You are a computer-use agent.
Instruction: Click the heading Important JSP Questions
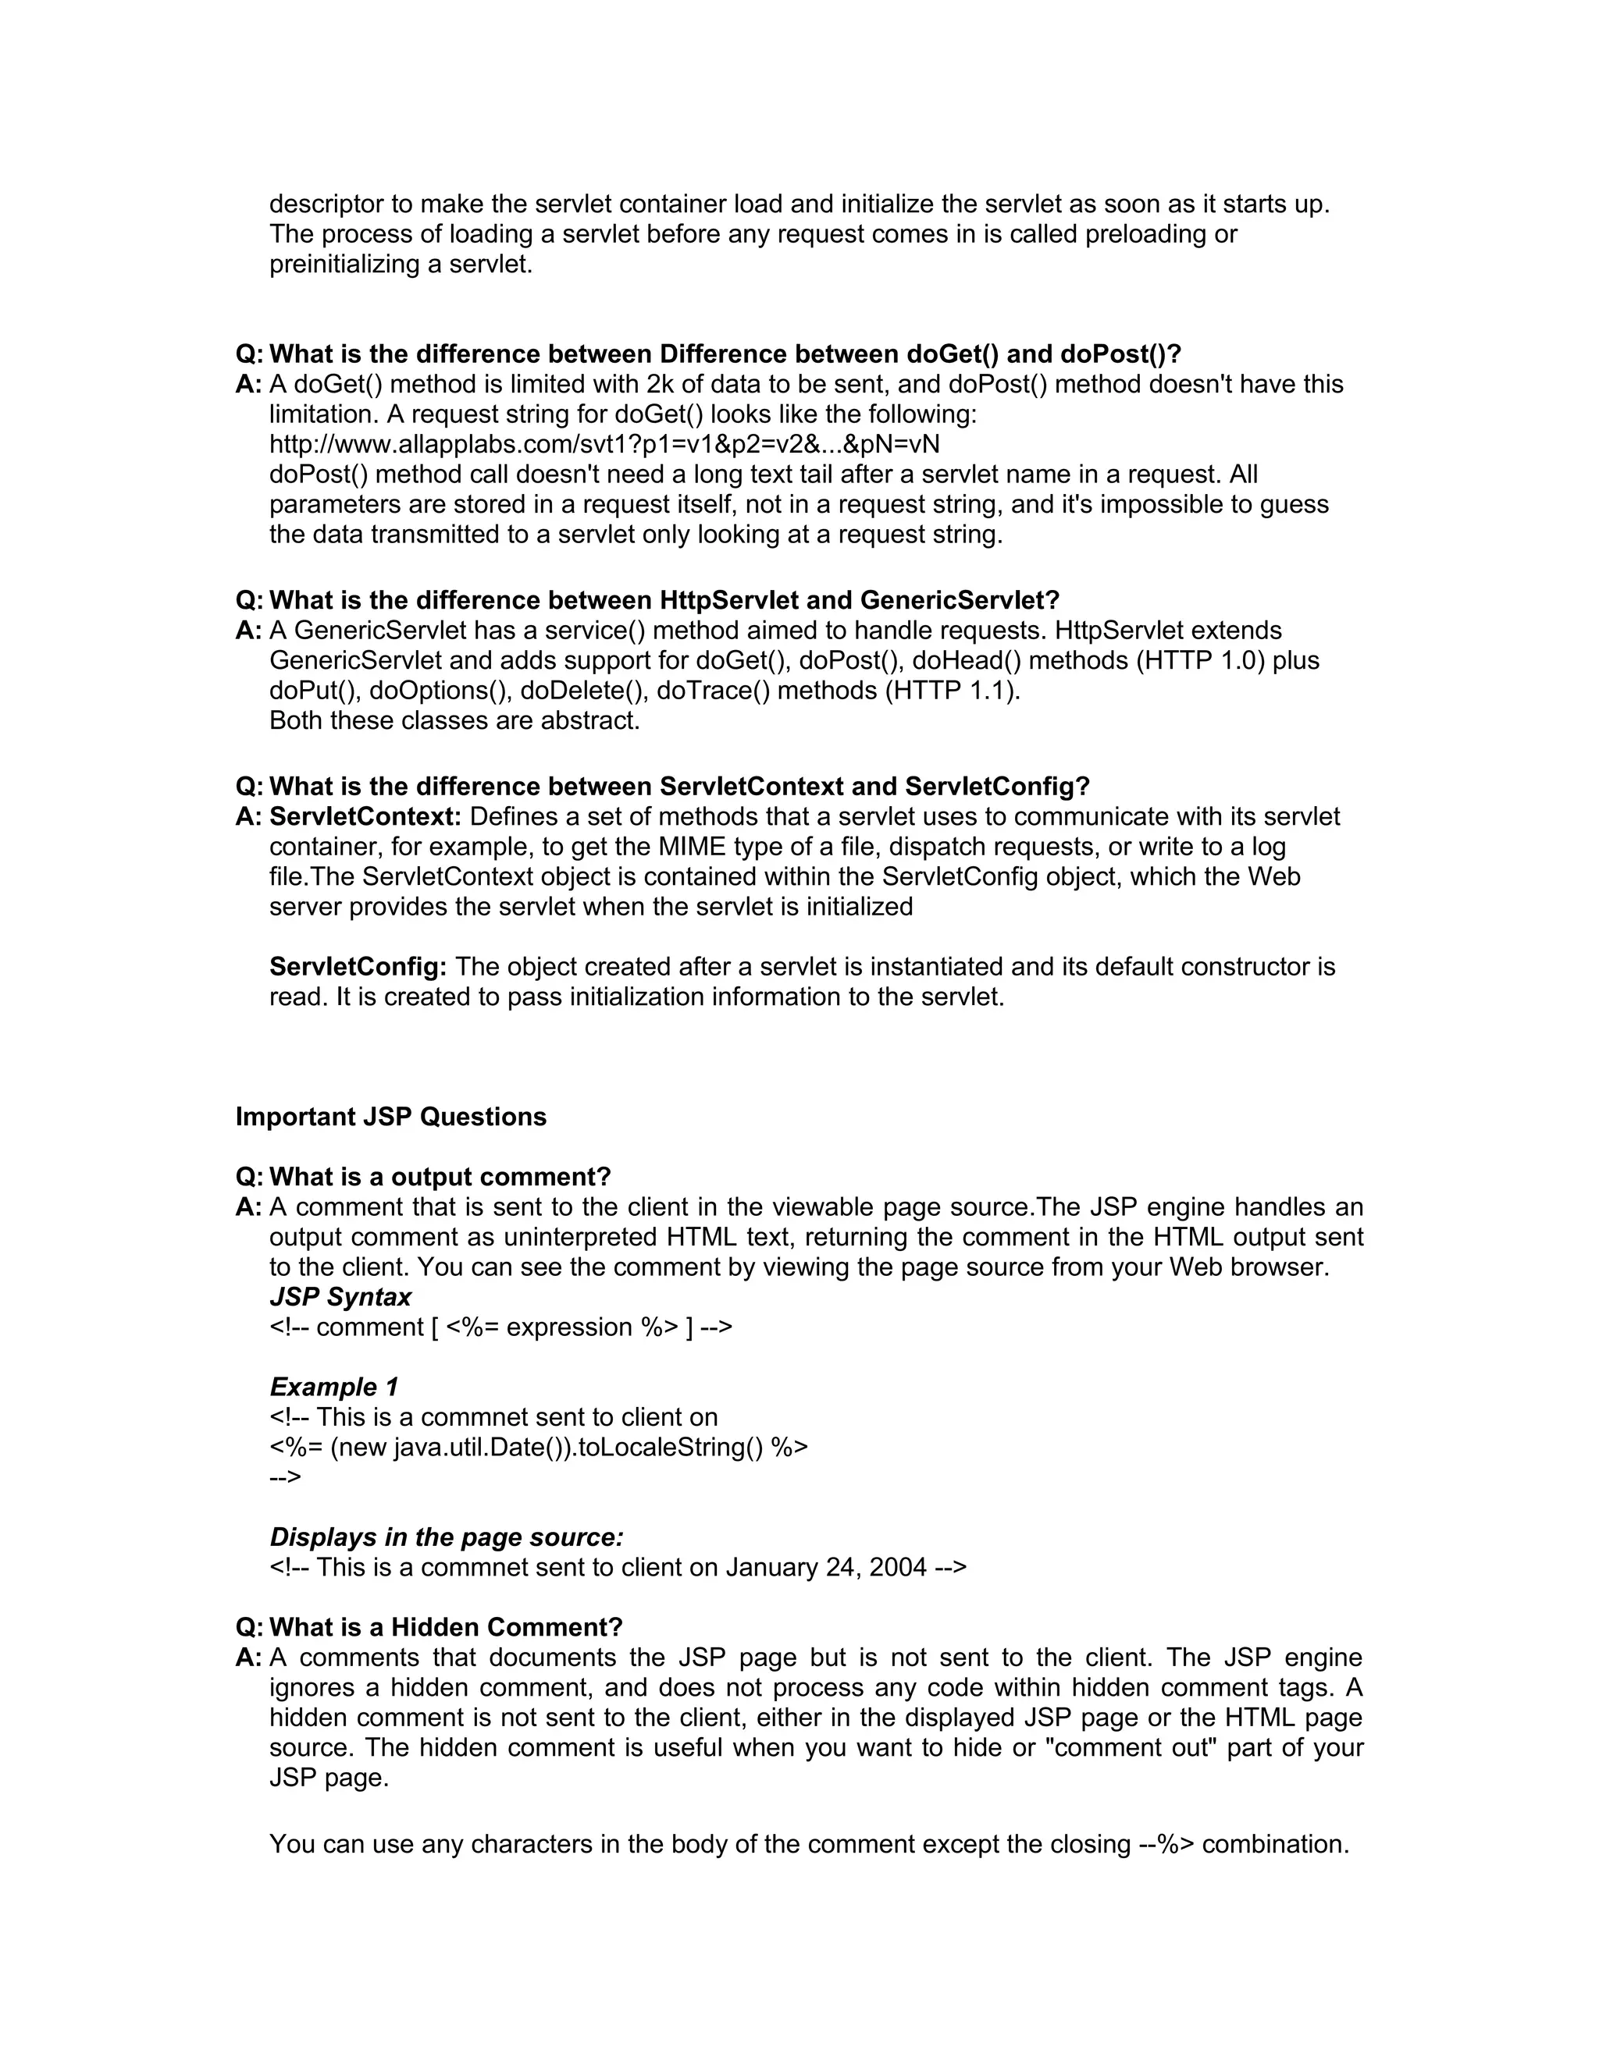point(390,1117)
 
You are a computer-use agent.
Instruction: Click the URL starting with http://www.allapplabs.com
point(604,444)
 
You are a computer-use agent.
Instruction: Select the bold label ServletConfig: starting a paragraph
point(357,967)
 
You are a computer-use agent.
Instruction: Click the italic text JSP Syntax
point(340,1297)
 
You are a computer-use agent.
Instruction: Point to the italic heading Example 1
point(333,1388)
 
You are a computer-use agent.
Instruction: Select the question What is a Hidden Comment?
point(445,1627)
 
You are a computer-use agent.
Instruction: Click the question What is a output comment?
point(440,1177)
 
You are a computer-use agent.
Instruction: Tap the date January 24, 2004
point(825,1567)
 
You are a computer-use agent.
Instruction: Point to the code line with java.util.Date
point(538,1447)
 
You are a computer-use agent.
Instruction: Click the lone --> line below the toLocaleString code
point(285,1477)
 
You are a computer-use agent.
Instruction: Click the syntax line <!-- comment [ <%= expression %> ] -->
point(500,1327)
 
